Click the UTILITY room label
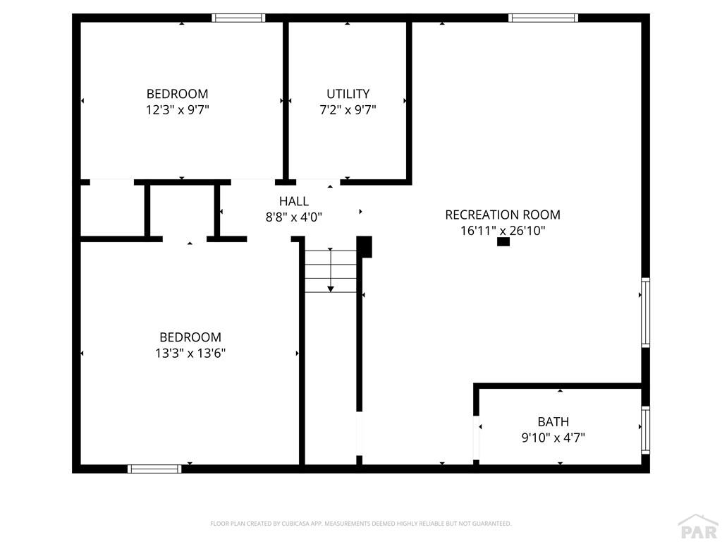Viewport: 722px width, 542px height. (x=348, y=94)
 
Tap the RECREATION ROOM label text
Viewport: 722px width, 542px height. (x=503, y=215)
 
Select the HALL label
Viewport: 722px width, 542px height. (x=293, y=201)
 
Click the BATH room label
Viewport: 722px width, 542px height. (x=553, y=422)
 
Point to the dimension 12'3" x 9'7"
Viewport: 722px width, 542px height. (x=177, y=109)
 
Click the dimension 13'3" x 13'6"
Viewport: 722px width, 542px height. (x=190, y=353)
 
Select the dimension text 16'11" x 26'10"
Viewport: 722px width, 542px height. (x=503, y=230)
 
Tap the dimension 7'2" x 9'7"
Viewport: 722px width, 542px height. (x=348, y=109)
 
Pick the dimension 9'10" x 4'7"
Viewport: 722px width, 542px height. (x=553, y=438)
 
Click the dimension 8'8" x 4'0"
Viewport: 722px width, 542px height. (x=293, y=217)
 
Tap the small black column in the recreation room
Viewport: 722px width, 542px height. (x=503, y=242)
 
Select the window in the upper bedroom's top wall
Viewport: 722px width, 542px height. (x=238, y=18)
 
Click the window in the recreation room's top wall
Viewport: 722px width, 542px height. (x=543, y=18)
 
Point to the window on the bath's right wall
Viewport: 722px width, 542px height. (x=645, y=430)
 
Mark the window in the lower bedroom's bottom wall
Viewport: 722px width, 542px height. (x=154, y=469)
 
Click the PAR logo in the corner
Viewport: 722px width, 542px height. (x=697, y=528)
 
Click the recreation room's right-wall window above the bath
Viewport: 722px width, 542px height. (x=645, y=312)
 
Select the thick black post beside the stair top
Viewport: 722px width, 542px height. (x=365, y=246)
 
